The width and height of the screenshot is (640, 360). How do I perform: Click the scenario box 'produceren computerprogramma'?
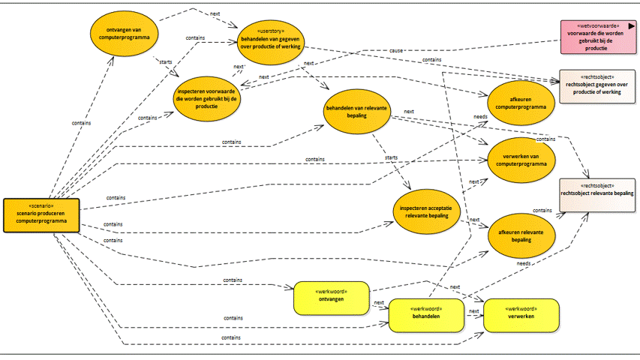pos(41,215)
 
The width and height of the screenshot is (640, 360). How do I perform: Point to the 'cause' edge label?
pos(395,50)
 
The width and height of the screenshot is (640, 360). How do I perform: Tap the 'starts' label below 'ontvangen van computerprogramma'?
pos(166,62)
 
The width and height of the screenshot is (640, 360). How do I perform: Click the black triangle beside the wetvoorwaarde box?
pos(632,25)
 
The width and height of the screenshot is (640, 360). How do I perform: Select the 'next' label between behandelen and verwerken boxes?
pos(473,310)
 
